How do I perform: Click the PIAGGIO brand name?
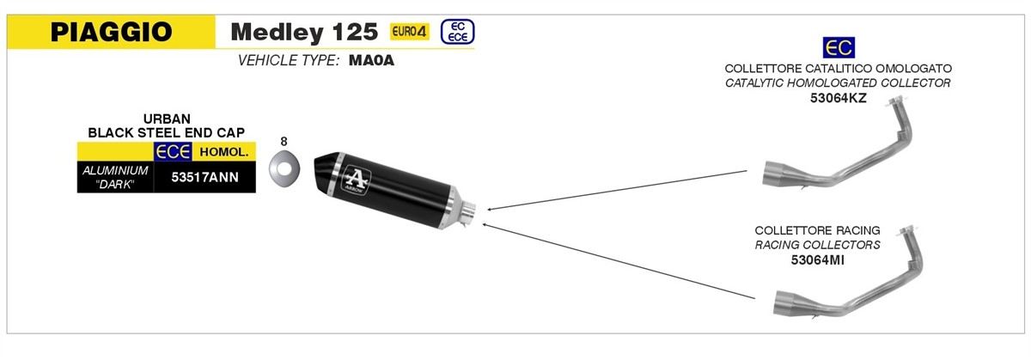click(x=112, y=32)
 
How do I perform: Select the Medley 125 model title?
click(x=304, y=32)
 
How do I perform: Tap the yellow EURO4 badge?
click(x=409, y=31)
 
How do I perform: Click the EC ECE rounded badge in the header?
click(x=457, y=32)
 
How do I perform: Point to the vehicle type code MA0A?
click(x=371, y=60)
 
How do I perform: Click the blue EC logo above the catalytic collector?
click(x=839, y=47)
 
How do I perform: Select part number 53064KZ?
click(x=839, y=98)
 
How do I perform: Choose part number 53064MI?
click(x=817, y=260)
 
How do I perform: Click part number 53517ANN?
click(x=204, y=177)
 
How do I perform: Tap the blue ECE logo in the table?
click(x=173, y=151)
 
